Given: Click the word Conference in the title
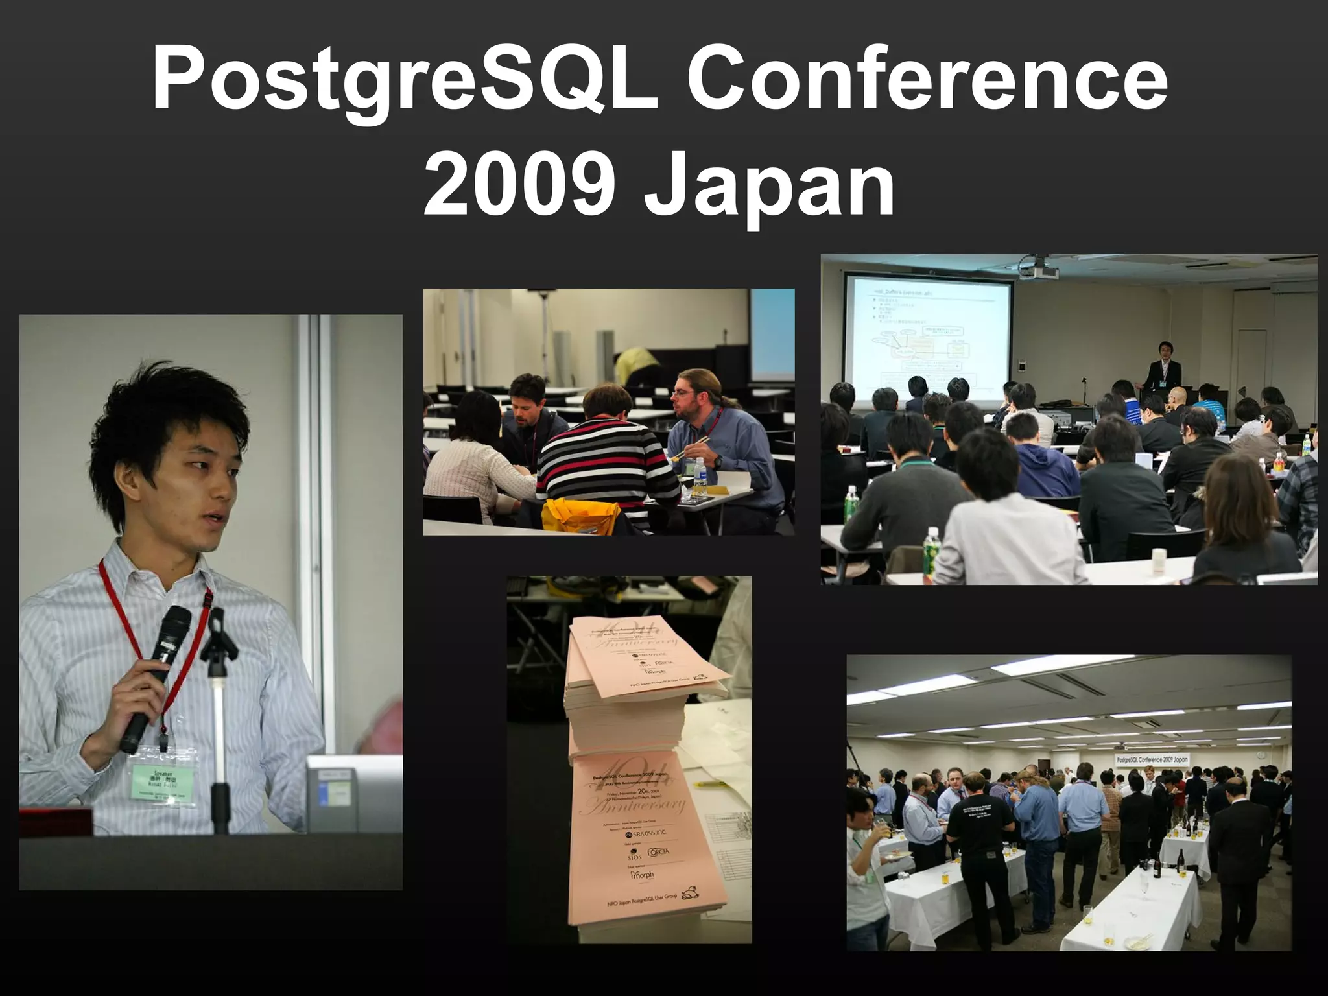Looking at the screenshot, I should [927, 81].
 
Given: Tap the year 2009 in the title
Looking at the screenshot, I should [519, 185].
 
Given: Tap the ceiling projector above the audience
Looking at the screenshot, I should [1037, 267].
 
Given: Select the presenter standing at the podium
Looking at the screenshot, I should [1162, 370].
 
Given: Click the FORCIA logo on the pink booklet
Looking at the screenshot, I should [658, 852].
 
